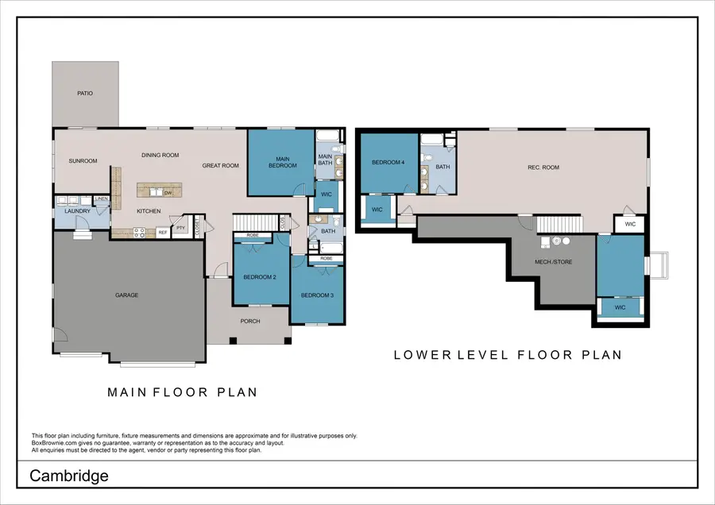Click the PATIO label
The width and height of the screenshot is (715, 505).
[85, 94]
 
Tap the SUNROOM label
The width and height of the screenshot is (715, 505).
[83, 161]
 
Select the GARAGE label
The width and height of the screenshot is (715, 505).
[127, 295]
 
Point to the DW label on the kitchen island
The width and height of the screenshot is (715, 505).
[168, 192]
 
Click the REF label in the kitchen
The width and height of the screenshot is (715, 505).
[162, 233]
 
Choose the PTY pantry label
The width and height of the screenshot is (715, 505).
[181, 228]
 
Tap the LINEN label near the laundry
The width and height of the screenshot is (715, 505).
[102, 199]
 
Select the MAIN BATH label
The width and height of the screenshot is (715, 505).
[325, 160]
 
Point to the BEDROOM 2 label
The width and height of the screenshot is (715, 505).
[260, 278]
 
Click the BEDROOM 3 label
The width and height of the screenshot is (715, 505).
[316, 295]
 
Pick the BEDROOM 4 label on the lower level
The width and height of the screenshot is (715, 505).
[388, 163]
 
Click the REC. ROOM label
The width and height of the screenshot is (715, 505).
[543, 168]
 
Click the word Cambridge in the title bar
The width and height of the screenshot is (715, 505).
[69, 476]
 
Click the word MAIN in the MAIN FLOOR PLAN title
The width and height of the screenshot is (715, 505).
[126, 392]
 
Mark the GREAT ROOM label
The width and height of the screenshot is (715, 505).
[221, 166]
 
